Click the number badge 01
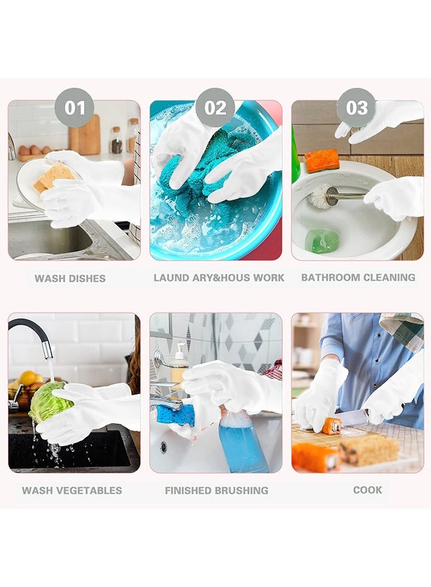point(74,108)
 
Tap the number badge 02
point(215,108)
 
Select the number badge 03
point(357,108)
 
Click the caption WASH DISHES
point(70,278)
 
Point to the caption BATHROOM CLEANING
point(358,277)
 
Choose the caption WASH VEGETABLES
point(72,490)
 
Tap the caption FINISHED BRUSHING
point(216,490)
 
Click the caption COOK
point(368,490)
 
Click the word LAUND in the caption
point(171,278)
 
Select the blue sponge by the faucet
point(176,413)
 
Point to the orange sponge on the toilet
point(322,160)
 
